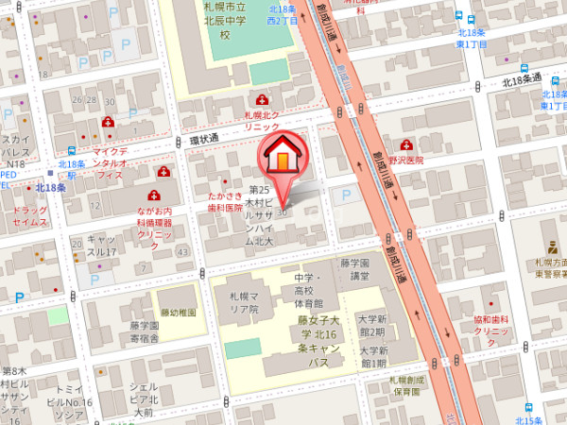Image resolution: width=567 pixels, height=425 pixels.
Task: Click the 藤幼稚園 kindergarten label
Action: tap(178, 313)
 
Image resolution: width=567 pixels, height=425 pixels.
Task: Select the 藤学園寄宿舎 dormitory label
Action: tap(145, 331)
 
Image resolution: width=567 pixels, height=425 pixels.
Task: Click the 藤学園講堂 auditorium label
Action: tap(357, 270)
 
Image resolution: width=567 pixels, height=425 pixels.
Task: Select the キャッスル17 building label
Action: tap(101, 246)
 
